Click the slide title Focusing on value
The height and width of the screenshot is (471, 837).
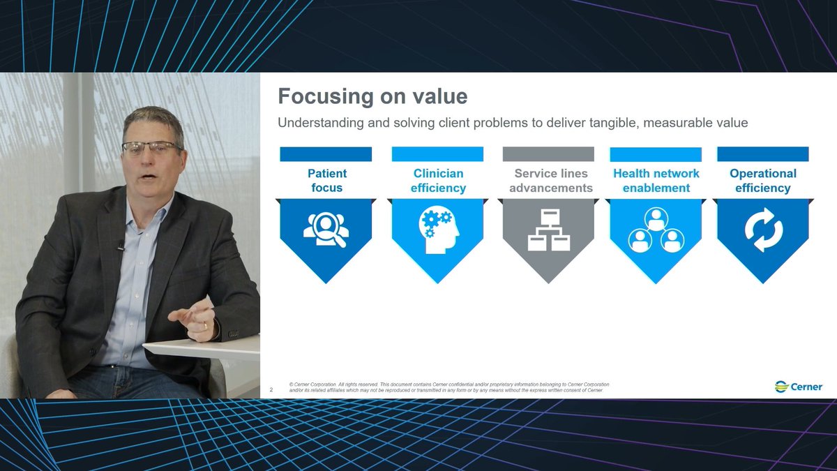[372, 96]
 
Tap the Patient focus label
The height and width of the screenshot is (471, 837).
[326, 181]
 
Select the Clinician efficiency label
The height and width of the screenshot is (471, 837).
[438, 181]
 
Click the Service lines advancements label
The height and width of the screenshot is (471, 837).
[550, 181]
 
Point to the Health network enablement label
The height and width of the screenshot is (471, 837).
[656, 181]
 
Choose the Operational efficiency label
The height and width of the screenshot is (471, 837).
[762, 181]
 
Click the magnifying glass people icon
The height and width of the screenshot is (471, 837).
[326, 229]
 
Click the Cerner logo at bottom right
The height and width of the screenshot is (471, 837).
[799, 387]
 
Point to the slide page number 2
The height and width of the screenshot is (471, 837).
[271, 390]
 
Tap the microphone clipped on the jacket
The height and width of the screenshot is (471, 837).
[121, 246]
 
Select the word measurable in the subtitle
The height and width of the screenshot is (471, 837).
[680, 123]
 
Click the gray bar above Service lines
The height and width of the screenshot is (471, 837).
[548, 154]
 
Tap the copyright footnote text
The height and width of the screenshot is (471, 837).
[446, 387]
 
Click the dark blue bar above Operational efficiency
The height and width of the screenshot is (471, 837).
[762, 154]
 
